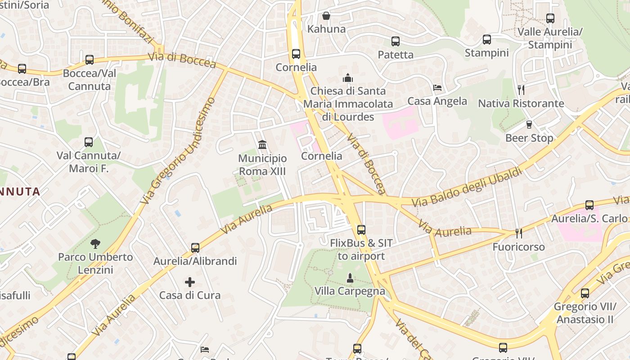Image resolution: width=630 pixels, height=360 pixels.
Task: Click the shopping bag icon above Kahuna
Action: [326, 16]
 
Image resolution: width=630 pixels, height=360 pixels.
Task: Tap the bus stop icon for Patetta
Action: [396, 41]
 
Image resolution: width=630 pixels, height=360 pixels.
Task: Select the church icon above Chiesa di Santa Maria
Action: [348, 78]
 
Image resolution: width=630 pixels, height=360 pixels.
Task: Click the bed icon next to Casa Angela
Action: [437, 88]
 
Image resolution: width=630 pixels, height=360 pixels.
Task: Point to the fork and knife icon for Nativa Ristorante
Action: [521, 90]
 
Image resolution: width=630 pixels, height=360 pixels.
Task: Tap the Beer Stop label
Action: [529, 138]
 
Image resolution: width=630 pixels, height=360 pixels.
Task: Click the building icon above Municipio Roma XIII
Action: [262, 144]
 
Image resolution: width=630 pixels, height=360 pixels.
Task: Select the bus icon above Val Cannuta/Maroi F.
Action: [89, 142]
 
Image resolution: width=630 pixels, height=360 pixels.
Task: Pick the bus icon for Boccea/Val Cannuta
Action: [90, 59]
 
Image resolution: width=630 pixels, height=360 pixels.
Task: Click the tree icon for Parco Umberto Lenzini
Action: [95, 244]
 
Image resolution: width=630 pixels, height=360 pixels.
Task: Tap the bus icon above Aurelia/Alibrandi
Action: [195, 247]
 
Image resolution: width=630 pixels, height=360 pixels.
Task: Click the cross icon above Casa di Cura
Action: [190, 282]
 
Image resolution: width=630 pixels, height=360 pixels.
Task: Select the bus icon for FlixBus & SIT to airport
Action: [361, 230]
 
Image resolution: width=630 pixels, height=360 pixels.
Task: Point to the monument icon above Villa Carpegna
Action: [350, 278]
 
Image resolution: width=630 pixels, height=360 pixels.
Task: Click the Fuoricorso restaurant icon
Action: [519, 233]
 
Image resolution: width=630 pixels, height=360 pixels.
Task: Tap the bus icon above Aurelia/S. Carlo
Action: [589, 205]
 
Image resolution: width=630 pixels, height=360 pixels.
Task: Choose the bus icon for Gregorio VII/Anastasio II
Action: [585, 293]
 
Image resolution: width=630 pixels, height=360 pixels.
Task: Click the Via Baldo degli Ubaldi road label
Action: [467, 187]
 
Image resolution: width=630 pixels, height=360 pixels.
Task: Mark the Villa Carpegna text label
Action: [350, 291]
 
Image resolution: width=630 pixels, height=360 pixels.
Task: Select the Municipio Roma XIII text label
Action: [262, 165]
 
